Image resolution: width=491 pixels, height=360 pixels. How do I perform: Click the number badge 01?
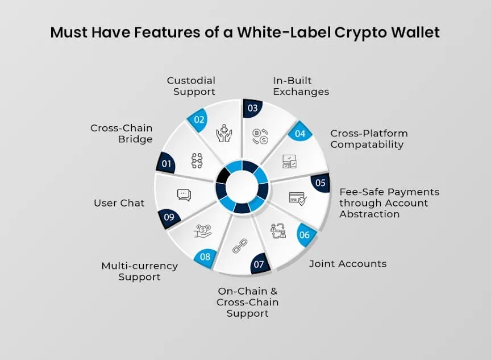(166, 163)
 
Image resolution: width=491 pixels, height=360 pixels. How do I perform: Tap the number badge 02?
(198, 120)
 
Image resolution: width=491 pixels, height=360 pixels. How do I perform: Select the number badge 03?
(252, 109)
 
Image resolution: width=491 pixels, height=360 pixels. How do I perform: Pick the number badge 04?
(299, 133)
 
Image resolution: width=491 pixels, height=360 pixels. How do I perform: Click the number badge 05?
(321, 183)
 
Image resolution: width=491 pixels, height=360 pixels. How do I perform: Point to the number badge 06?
(305, 235)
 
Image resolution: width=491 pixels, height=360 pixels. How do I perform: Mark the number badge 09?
(169, 217)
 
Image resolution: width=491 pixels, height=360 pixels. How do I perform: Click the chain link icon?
(240, 246)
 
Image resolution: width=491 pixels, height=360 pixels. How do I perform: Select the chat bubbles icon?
(184, 195)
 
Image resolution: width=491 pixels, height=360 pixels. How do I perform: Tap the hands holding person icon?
(224, 133)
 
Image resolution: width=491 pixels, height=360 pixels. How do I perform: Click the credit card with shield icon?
(297, 198)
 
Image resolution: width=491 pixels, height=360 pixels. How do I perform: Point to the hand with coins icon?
(203, 231)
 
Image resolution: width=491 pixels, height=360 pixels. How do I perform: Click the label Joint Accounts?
(348, 264)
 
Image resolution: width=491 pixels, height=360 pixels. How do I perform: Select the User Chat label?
(119, 203)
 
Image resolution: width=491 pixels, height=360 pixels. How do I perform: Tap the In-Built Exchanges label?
(301, 86)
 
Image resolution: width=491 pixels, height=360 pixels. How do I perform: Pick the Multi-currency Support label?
(140, 271)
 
